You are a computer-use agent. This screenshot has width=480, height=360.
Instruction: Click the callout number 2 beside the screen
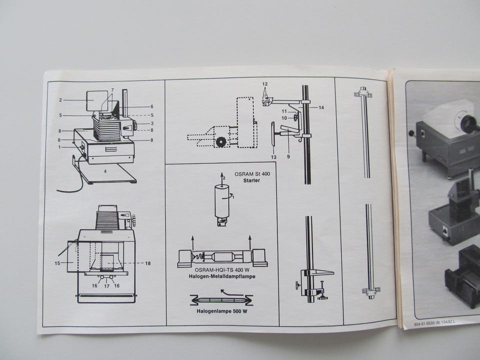click(x=60, y=100)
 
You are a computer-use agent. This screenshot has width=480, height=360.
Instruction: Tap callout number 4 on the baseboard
click(x=105, y=171)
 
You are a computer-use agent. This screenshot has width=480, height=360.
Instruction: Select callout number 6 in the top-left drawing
click(x=152, y=106)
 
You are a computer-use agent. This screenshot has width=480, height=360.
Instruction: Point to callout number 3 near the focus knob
click(x=152, y=123)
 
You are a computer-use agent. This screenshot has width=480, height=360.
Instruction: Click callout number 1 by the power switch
click(x=60, y=147)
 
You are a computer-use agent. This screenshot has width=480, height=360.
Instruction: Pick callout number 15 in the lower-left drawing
click(x=57, y=263)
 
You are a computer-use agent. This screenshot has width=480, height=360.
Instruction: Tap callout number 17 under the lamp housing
click(x=106, y=286)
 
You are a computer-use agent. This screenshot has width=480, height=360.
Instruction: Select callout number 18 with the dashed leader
click(x=148, y=263)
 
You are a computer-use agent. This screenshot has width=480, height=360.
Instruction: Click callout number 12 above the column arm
click(x=265, y=84)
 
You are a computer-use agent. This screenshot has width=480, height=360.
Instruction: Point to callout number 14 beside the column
click(x=321, y=107)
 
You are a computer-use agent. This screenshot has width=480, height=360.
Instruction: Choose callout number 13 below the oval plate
click(x=273, y=157)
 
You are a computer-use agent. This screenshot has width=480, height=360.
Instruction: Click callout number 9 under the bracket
click(x=288, y=156)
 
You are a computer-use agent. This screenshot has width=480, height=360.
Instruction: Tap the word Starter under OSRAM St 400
click(x=251, y=180)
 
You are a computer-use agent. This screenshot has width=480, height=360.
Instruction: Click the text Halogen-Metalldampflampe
click(x=222, y=276)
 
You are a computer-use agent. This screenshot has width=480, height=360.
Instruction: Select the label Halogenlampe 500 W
click(x=222, y=311)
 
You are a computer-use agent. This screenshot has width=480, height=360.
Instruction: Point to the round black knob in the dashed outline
click(x=220, y=141)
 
